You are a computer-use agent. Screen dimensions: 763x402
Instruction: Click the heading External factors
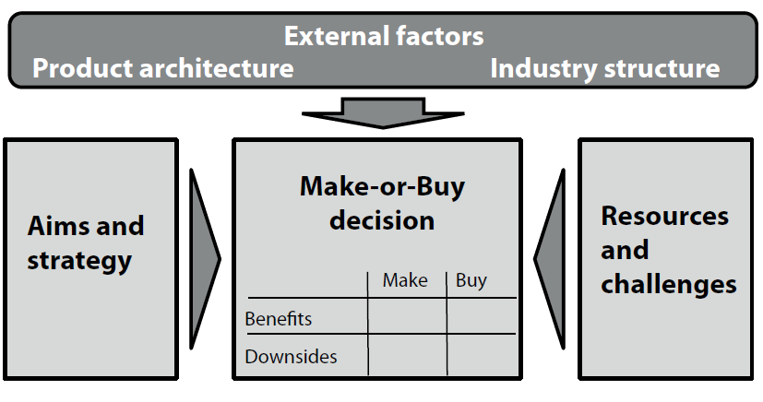pos(384,36)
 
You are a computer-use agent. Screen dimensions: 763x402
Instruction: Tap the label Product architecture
pos(163,68)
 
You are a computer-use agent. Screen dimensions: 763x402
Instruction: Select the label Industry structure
pos(605,68)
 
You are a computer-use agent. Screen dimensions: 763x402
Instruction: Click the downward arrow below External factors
pos(383,112)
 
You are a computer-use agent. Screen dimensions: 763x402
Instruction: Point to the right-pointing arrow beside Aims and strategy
pos(205,259)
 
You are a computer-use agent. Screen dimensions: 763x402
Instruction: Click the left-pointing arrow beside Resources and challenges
pos(550,259)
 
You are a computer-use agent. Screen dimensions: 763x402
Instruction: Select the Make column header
pos(405,280)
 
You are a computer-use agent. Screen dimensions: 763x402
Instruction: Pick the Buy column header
pos(471,281)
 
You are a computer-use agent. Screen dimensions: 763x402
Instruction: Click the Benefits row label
pos(279,319)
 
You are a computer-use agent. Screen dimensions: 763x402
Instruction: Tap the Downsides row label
pos(291,357)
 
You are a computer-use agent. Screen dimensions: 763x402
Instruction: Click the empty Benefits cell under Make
pos(407,316)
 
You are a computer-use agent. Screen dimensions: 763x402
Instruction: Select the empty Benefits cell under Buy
pos(482,316)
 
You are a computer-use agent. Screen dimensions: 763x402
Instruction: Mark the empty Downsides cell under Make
pos(407,354)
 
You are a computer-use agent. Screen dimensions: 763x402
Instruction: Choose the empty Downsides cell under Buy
pos(482,354)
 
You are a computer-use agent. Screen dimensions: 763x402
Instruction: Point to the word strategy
pos(79,261)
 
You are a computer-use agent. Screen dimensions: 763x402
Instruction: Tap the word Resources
pos(664,216)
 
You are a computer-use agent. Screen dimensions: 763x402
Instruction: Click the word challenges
pos(669,284)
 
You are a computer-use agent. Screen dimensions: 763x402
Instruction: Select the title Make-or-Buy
pos(383,186)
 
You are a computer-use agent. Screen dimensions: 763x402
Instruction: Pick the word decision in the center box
pos(382,220)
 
